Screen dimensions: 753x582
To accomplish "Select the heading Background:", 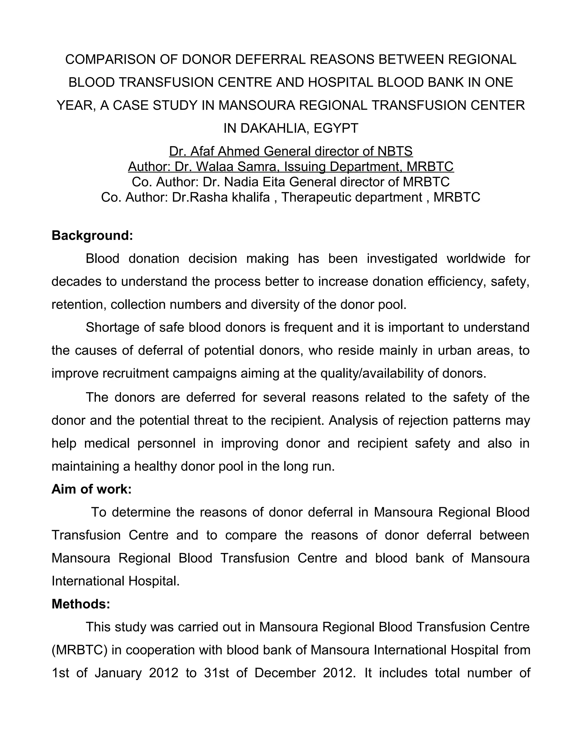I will click(x=92, y=236).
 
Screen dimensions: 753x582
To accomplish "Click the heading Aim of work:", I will click(x=92, y=489).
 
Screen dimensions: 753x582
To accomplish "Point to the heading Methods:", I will click(x=81, y=604).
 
